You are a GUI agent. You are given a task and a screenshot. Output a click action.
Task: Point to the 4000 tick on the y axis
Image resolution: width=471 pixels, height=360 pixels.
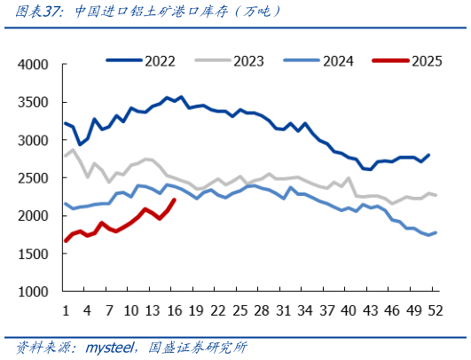click(x=35, y=65)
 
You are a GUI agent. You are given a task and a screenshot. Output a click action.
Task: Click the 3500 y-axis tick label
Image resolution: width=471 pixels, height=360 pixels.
click(x=35, y=103)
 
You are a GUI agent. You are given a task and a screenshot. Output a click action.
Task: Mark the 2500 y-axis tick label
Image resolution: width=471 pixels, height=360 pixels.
click(x=35, y=178)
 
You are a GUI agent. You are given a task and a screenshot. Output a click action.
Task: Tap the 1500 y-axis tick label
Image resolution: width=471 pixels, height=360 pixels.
click(x=35, y=254)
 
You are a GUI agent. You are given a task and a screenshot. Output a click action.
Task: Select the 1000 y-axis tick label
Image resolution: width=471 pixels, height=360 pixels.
click(x=35, y=292)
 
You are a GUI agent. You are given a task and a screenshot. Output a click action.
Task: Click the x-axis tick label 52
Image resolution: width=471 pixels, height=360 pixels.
click(x=435, y=310)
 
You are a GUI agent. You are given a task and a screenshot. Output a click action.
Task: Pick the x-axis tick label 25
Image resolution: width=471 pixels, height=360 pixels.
click(x=239, y=310)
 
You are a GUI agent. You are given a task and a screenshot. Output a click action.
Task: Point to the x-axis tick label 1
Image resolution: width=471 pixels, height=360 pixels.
click(x=66, y=310)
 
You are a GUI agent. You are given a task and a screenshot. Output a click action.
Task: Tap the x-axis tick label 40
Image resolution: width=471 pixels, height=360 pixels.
click(x=349, y=310)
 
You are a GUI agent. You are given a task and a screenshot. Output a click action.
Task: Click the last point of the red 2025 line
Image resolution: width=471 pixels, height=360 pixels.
click(x=174, y=200)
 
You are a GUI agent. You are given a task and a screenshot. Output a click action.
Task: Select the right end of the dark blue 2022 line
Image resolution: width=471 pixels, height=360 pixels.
click(x=428, y=155)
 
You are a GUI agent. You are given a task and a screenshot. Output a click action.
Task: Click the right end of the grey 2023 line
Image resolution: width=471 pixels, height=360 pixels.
click(x=435, y=195)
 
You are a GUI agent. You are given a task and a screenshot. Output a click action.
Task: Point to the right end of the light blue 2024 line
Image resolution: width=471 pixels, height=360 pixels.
click(x=435, y=232)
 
